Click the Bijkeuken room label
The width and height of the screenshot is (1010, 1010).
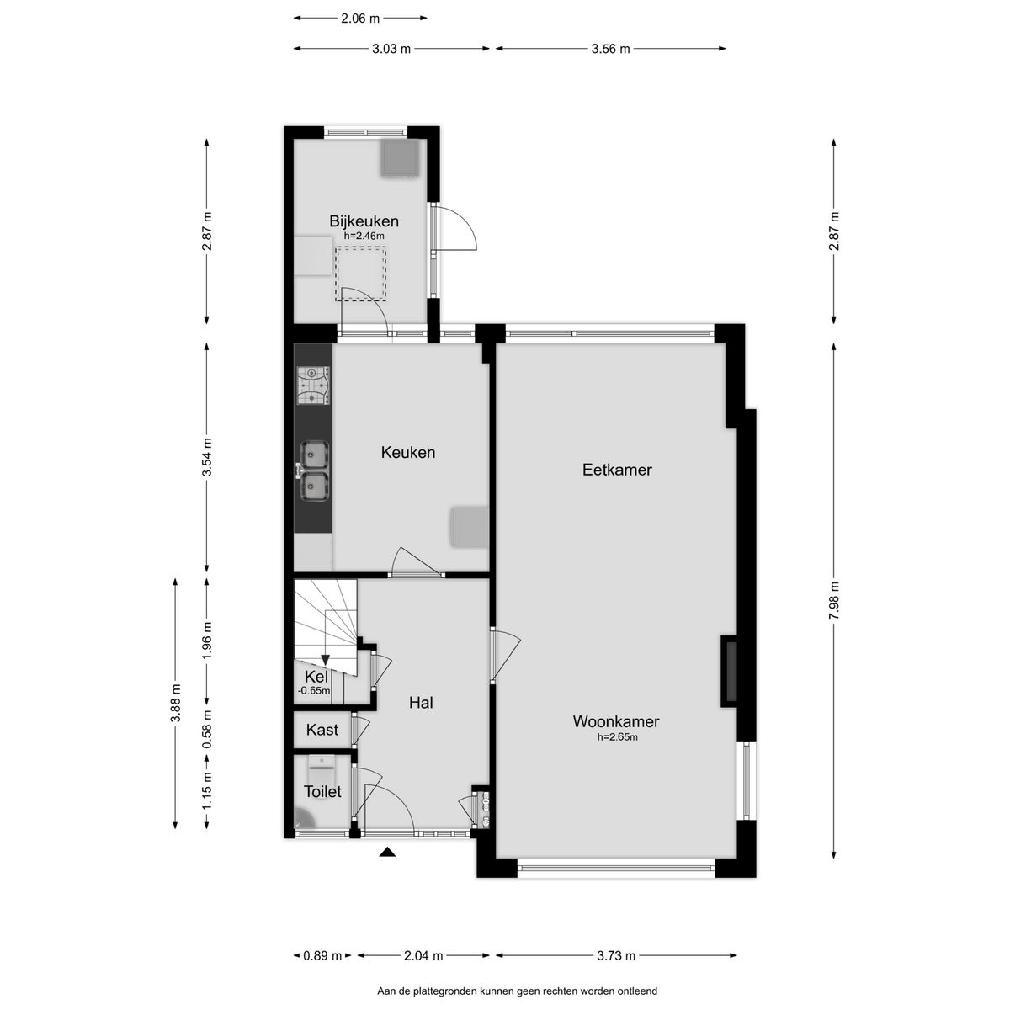pyautogui.click(x=364, y=221)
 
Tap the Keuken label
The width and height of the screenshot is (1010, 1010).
pyautogui.click(x=407, y=452)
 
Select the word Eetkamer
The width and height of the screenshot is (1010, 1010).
pyautogui.click(x=617, y=469)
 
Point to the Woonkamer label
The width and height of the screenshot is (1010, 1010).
pyautogui.click(x=616, y=721)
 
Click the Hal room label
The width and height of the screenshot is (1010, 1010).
pyautogui.click(x=421, y=702)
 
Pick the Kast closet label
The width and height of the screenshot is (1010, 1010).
pyautogui.click(x=322, y=730)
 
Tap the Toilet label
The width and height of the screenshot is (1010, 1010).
pyautogui.click(x=322, y=791)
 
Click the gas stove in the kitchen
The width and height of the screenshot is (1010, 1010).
pyautogui.click(x=314, y=385)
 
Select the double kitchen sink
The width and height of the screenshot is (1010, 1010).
pyautogui.click(x=314, y=470)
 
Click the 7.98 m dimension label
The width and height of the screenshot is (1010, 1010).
pyautogui.click(x=834, y=601)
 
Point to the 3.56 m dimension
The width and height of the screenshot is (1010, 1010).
pyautogui.click(x=610, y=49)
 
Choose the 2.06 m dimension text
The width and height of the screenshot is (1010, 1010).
pyautogui.click(x=360, y=19)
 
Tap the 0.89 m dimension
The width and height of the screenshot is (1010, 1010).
pyautogui.click(x=322, y=955)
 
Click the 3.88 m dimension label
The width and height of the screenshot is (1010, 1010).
pyautogui.click(x=176, y=703)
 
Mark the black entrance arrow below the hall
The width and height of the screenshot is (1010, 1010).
pyautogui.click(x=387, y=853)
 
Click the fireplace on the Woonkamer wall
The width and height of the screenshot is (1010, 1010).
pyautogui.click(x=730, y=671)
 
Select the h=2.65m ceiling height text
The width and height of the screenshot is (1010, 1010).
pyautogui.click(x=618, y=737)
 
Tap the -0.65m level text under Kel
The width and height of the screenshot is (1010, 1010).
pyautogui.click(x=314, y=690)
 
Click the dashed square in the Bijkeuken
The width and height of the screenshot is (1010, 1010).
pyautogui.click(x=360, y=274)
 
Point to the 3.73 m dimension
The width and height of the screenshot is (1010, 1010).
pyautogui.click(x=616, y=955)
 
